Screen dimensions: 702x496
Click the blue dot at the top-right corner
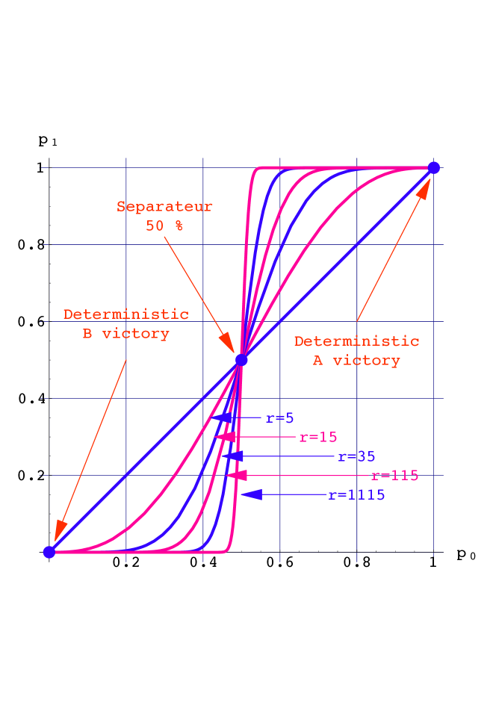433,167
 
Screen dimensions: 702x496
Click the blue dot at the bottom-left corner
49,552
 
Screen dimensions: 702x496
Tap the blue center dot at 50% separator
241,360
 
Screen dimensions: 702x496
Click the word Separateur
164,207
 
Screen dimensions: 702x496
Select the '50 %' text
164,226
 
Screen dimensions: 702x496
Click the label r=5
280,418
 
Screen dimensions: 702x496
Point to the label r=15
318,438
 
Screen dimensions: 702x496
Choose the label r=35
356,456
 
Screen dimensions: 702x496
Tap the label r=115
394,476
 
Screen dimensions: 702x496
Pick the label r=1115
356,495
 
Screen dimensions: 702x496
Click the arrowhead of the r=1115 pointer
251,494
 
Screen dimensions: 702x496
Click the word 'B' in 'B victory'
87,334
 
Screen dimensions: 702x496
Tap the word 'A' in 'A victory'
317,361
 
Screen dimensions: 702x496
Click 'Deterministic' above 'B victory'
125,314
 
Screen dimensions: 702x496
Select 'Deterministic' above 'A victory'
356,341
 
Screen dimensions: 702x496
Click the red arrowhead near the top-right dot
424,187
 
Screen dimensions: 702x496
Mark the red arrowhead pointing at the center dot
227,344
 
